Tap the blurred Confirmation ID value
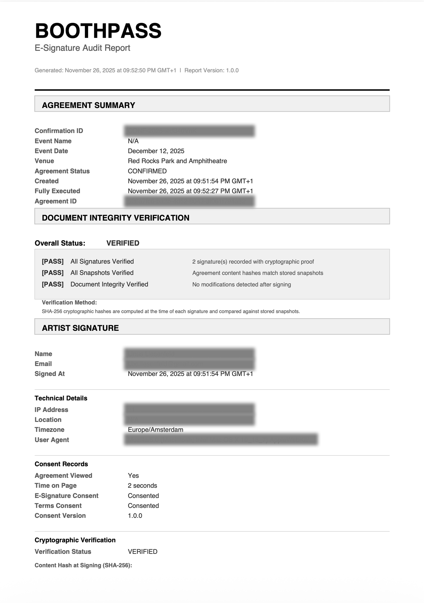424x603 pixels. tap(189, 131)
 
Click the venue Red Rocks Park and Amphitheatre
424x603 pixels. tap(177, 161)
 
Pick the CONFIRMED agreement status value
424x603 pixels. tap(147, 171)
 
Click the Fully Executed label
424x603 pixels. tap(57, 191)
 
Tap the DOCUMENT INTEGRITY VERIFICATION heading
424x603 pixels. tap(115, 218)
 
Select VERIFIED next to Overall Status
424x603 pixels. tap(123, 243)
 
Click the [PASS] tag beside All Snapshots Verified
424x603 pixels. tap(52, 273)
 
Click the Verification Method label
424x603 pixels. tap(69, 303)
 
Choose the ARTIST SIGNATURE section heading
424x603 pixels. tap(80, 328)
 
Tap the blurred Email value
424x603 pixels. tap(189, 364)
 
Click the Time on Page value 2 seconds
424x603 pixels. tap(142, 486)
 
